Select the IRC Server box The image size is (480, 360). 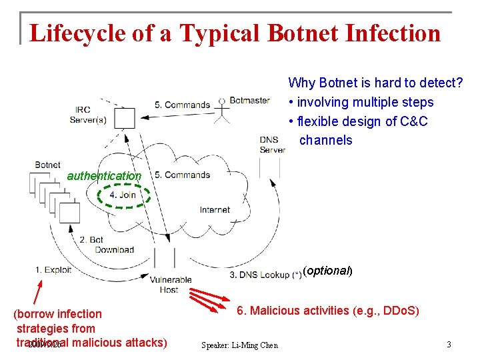123,117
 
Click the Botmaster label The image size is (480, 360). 249,101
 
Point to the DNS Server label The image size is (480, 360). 273,145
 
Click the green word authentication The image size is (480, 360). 105,176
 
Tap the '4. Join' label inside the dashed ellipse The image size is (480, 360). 123,195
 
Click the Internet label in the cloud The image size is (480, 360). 215,209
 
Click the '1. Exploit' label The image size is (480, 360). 53,270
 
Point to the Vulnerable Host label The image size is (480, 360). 171,285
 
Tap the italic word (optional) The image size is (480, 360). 327,271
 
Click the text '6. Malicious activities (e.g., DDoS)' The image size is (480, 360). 328,311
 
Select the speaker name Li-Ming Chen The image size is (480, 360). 239,345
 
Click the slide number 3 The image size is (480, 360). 449,345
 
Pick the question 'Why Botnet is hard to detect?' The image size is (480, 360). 375,83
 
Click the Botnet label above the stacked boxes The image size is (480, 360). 48,165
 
